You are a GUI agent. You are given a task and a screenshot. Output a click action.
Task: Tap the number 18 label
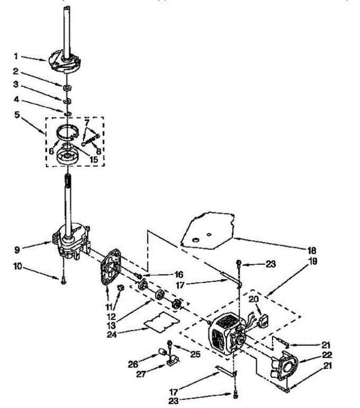click(312, 251)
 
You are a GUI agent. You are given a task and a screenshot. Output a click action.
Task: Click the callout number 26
click(133, 364)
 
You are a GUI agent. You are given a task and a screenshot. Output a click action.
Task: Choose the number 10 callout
click(17, 267)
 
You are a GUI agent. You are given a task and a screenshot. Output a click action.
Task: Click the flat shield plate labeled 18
click(207, 230)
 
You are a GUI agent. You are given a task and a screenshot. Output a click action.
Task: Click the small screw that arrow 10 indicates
click(64, 281)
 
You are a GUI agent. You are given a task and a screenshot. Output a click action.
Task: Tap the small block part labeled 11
click(120, 288)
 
